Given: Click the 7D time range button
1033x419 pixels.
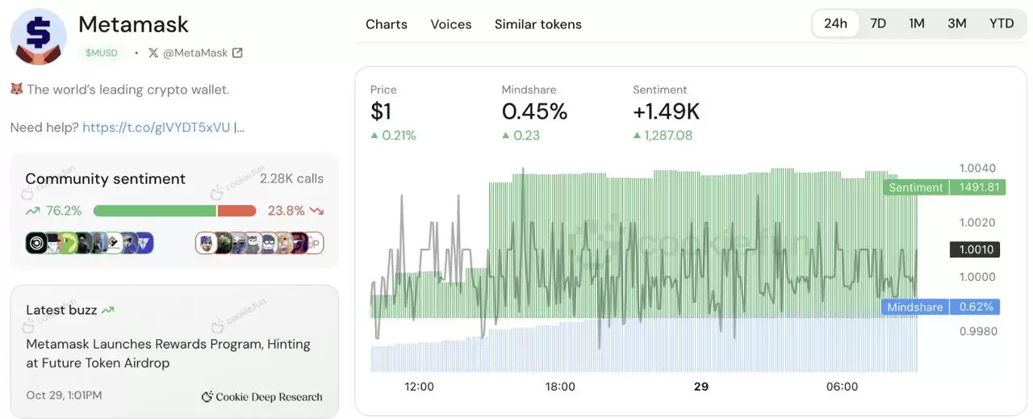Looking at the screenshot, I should (878, 23).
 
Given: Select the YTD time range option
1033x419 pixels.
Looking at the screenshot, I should (1002, 23).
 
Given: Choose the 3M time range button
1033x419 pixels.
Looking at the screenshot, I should (957, 23).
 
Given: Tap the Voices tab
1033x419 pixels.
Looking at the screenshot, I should (451, 24).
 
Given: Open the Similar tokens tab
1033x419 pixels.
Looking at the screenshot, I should (538, 24).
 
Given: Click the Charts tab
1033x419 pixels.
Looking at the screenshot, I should (387, 24).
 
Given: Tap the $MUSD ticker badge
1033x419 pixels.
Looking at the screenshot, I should (102, 52).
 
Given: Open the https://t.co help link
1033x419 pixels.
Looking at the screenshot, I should (156, 128).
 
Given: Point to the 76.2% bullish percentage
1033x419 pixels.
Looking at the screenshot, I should (64, 211).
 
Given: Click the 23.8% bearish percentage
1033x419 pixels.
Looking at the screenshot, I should (286, 211).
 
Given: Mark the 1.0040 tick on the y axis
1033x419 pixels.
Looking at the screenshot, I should (977, 168).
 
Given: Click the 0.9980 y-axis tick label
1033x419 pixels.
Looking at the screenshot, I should (977, 331).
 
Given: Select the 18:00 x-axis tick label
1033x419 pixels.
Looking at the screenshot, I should (560, 387).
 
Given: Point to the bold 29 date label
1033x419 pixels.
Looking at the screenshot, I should (701, 387).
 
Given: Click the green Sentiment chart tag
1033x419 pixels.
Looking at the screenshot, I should (915, 187).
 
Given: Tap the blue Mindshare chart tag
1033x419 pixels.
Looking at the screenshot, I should (914, 307).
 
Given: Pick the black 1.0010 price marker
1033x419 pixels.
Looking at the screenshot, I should (976, 249).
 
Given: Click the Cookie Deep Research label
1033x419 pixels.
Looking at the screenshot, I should (262, 396).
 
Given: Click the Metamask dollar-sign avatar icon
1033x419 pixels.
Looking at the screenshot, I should (38, 36).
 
